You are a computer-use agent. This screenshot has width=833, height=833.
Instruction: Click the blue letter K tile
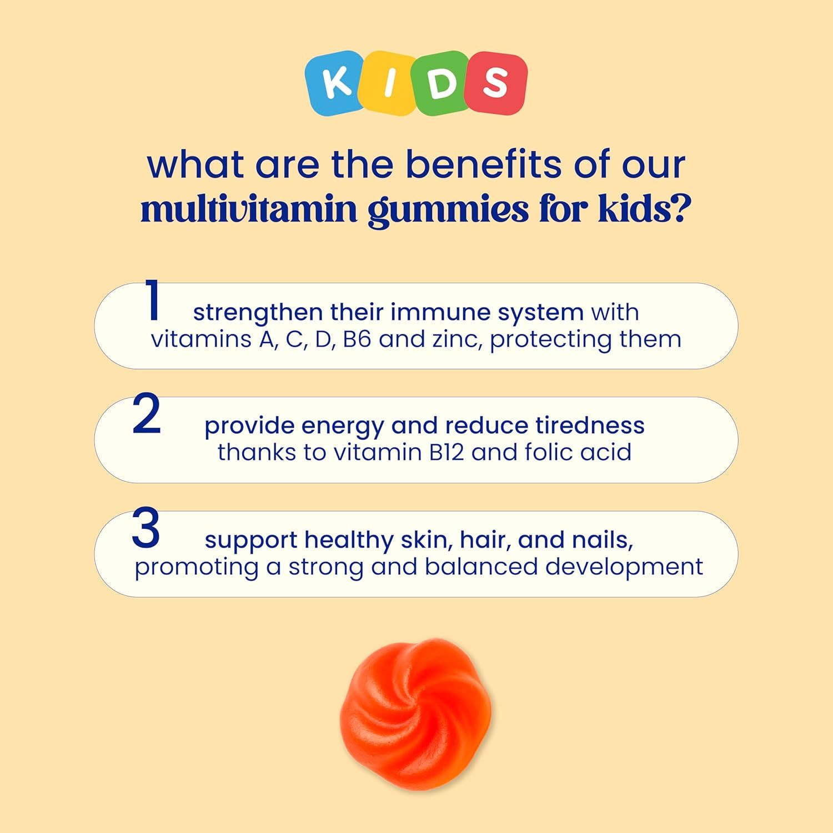pos(336,82)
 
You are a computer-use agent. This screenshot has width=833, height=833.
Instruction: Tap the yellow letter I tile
pos(391,83)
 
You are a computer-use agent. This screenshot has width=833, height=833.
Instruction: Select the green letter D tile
pos(442,83)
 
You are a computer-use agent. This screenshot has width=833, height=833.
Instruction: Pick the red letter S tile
pos(495,83)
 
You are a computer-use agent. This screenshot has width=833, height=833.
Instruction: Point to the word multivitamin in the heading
pos(249,210)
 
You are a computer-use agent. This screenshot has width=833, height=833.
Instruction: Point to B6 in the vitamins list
pos(357,339)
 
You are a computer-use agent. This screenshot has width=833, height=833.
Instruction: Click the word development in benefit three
pos(624,567)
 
